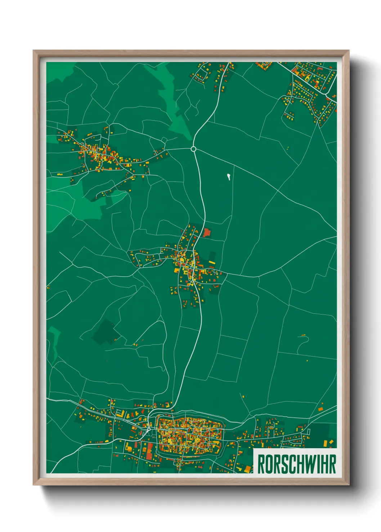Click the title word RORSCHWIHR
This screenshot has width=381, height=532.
coord(296,464)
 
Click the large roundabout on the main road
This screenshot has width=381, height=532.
coord(193,149)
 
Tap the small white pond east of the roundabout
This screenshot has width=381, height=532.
coord(228,176)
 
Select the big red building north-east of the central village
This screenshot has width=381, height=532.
coord(206,232)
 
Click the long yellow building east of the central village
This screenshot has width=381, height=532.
coord(212,263)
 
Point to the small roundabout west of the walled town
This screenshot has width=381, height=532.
coord(149,429)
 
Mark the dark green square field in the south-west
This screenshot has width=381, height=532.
coord(106,332)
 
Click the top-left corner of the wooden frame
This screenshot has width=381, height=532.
coord(33,51)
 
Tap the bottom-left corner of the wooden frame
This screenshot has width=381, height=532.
coord(33,485)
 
